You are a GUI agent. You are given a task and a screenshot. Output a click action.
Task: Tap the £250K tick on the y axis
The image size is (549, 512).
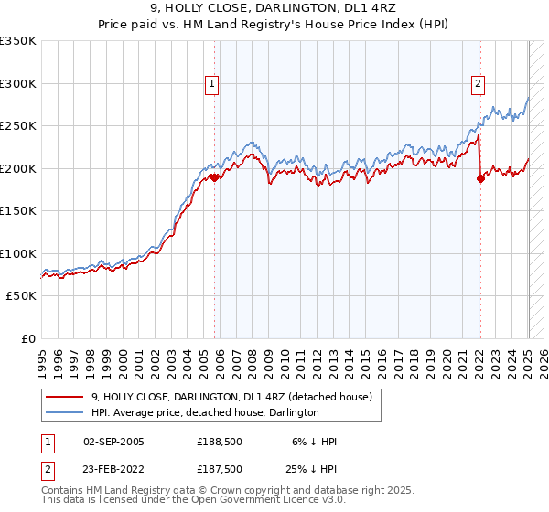17,125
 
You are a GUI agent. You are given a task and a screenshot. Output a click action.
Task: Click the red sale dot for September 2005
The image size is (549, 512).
215,177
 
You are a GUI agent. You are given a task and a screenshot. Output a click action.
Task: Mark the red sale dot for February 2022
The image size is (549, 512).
480,178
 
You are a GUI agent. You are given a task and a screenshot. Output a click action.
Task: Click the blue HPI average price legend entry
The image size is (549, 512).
205,413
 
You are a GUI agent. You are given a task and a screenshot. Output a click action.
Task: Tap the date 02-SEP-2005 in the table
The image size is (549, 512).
113,442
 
